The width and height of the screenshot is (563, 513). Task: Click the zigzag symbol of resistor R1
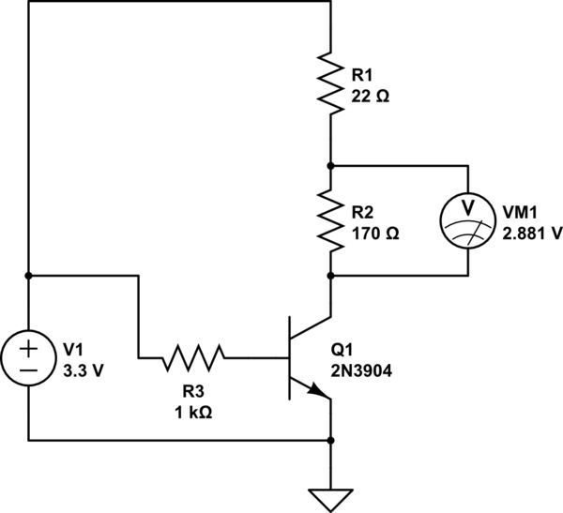point(330,83)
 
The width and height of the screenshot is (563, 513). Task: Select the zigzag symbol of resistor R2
point(330,219)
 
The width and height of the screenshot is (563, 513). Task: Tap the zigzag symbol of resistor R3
point(194,357)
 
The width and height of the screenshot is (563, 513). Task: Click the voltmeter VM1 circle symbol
point(467,219)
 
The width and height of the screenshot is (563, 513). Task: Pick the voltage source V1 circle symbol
point(29,357)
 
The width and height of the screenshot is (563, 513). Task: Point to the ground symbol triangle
point(330,498)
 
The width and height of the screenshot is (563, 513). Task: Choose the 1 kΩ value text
point(193,411)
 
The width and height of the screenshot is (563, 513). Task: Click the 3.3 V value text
point(82,368)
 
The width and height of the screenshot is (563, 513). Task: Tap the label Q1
point(343,349)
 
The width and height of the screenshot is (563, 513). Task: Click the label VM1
point(519,211)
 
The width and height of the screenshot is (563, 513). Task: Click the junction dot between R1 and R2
point(330,164)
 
